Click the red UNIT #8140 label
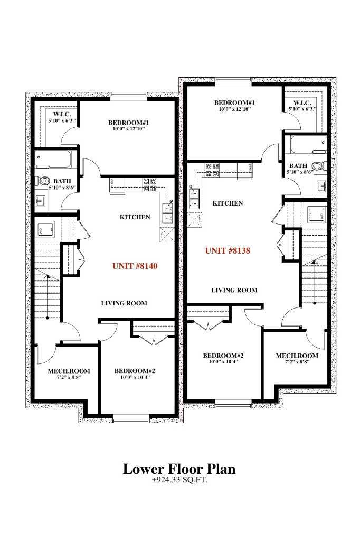tap(135, 266)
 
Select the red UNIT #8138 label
tap(227, 250)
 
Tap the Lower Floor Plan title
tap(179, 469)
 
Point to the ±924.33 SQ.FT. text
tap(179, 481)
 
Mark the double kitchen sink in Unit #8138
tap(193, 197)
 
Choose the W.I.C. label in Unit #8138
tap(302, 102)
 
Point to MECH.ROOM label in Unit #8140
tap(69, 371)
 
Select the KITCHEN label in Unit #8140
tap(135, 217)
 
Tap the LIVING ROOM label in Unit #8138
tap(234, 290)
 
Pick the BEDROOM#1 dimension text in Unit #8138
tap(235, 109)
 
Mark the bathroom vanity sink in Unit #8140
tap(41, 201)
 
